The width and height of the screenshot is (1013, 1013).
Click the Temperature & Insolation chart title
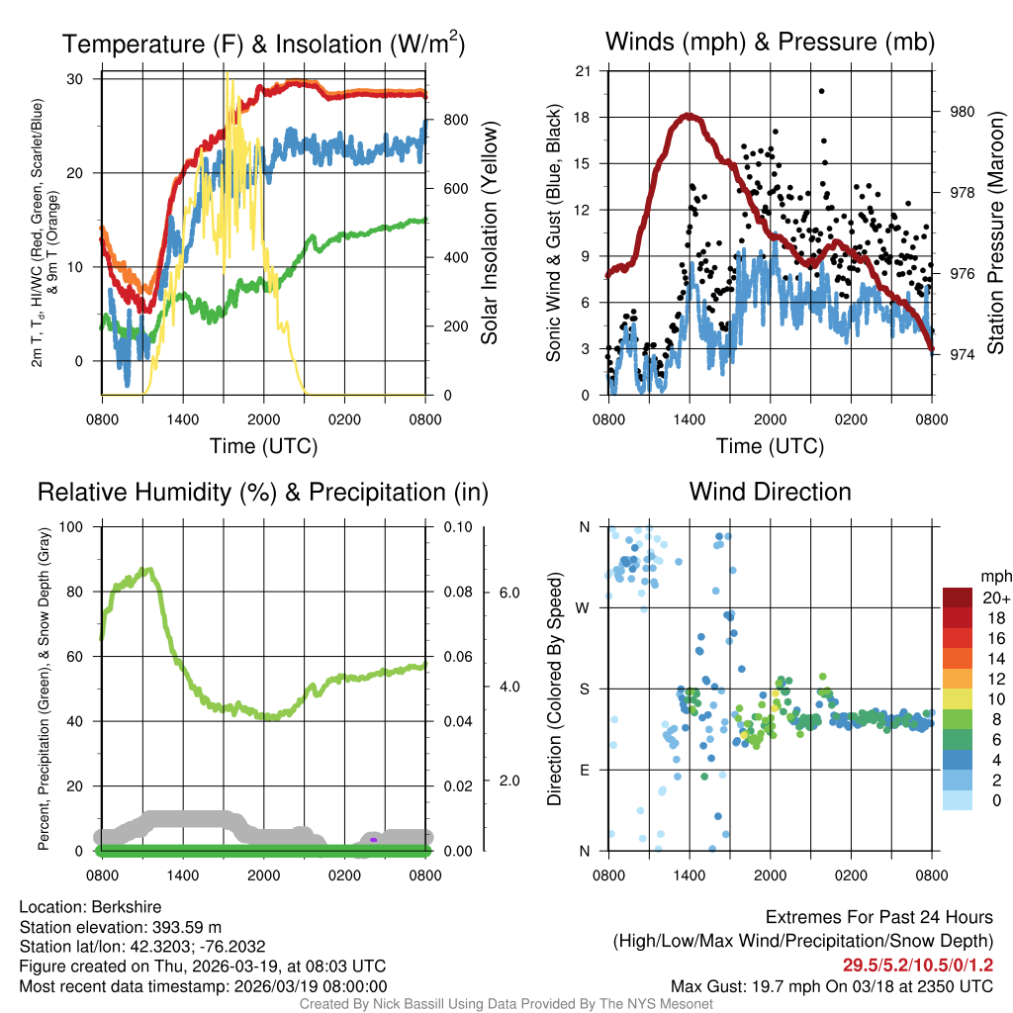(263, 45)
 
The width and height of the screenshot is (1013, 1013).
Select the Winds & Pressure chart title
(770, 42)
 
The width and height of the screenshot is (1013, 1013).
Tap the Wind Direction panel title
(770, 492)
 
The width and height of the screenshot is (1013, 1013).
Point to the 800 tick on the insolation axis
(455, 120)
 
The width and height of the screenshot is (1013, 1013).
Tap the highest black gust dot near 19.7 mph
(821, 91)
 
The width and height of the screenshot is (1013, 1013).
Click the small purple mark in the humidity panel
(373, 840)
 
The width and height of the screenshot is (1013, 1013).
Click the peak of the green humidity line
(148, 569)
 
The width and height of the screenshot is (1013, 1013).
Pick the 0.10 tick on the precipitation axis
(456, 526)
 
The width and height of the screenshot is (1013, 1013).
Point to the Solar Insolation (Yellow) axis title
(490, 232)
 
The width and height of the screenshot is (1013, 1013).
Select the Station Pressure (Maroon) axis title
(995, 232)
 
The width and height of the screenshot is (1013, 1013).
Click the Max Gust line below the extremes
(831, 986)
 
